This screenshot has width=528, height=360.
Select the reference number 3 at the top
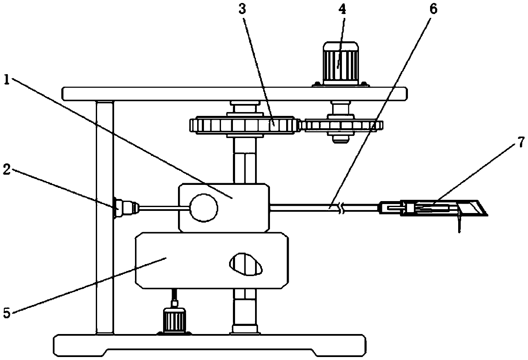(242, 10)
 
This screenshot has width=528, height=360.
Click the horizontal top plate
(234, 93)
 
